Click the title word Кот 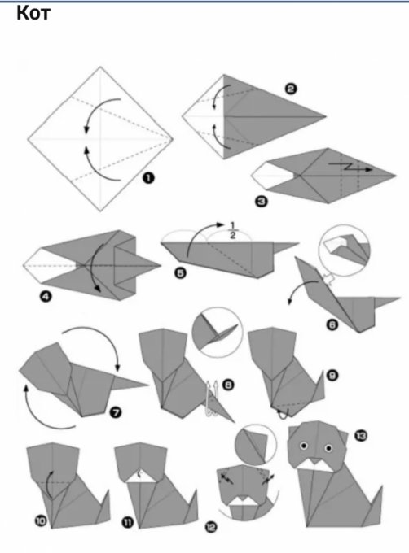point(33,13)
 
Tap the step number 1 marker point(148,178)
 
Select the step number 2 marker point(290,89)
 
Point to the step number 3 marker point(261,202)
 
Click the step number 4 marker point(46,297)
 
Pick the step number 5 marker point(181,272)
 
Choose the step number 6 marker point(332,324)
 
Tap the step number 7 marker point(116,412)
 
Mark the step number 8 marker point(229,385)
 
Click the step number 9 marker point(332,375)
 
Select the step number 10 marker point(41,520)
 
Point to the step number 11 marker point(127,522)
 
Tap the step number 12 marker point(211,527)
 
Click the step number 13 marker point(361,436)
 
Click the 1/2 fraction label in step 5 point(232,230)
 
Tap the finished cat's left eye point(304,446)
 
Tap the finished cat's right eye point(328,448)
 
